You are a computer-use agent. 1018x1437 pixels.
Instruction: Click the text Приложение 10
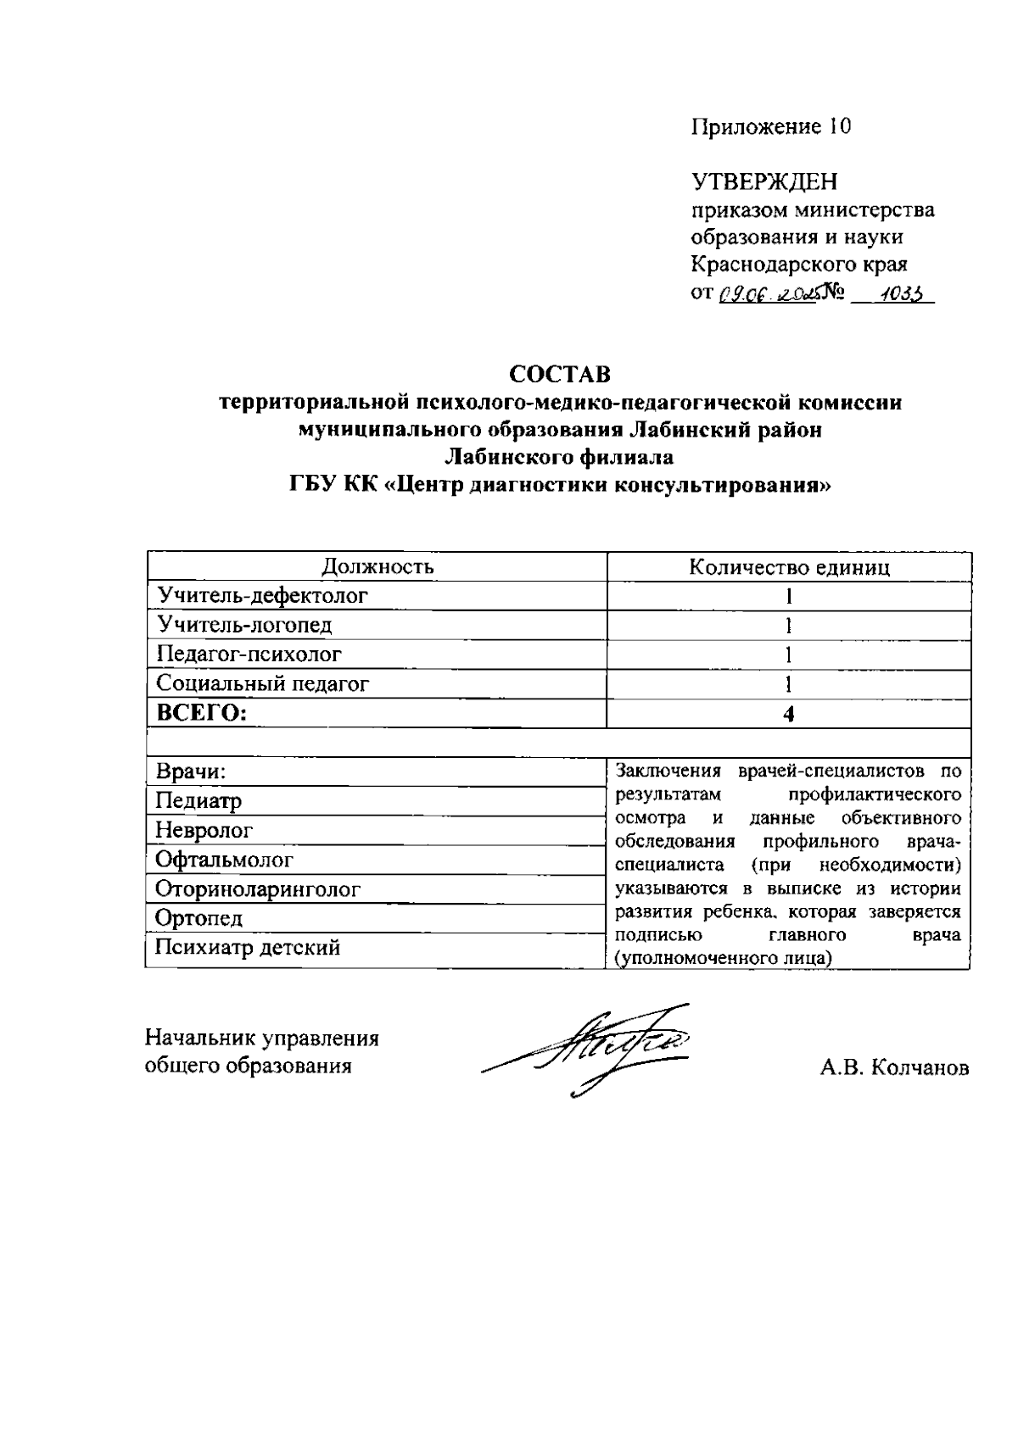coord(771,127)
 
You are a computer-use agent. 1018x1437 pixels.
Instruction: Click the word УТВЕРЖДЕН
coord(763,182)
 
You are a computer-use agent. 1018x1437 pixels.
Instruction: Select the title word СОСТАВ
coord(560,374)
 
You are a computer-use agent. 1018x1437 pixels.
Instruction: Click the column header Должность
coord(378,566)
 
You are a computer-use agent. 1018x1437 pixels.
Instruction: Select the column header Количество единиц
coord(789,567)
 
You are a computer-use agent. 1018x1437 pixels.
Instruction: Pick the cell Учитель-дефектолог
coord(263,596)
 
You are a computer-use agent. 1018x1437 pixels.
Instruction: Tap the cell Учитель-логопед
coord(245,626)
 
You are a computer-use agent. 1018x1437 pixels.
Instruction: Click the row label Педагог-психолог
coord(249,654)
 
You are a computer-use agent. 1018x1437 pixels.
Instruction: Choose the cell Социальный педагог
coord(263,683)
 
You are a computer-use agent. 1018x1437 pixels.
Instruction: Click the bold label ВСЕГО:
coord(202,713)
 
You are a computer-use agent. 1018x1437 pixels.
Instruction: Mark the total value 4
coord(789,714)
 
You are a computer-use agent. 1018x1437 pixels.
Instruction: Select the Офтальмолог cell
coord(225,860)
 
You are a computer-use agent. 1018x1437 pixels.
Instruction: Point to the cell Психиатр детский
coord(248,948)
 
